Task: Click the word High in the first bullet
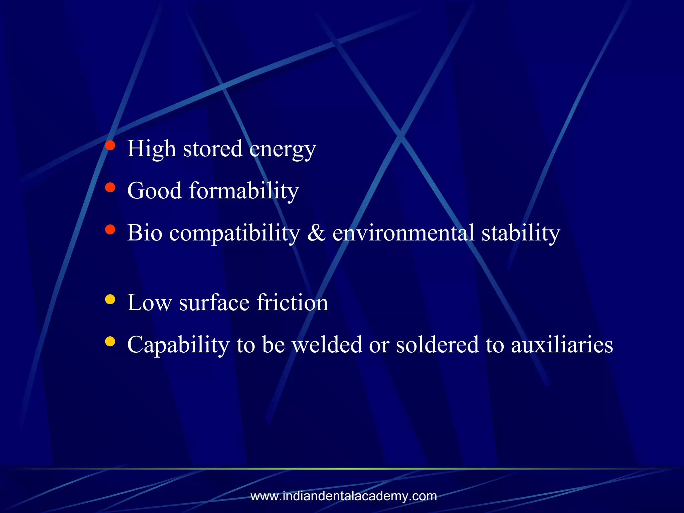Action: tap(151, 149)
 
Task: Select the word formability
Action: tap(244, 191)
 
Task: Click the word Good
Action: tap(154, 191)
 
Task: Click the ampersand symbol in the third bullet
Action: tap(316, 233)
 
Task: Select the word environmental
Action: tap(403, 233)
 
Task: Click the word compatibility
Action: tap(234, 233)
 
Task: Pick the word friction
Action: tap(292, 303)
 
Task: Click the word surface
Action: tap(214, 303)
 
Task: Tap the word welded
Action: tap(327, 345)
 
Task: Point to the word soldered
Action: tap(437, 345)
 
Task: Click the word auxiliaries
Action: tap(562, 345)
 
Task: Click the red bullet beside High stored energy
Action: tap(110, 145)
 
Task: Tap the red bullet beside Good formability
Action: tap(110, 187)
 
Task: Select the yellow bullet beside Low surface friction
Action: tap(110, 299)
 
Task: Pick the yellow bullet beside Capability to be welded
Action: tap(110, 341)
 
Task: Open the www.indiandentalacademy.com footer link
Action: tap(343, 496)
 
